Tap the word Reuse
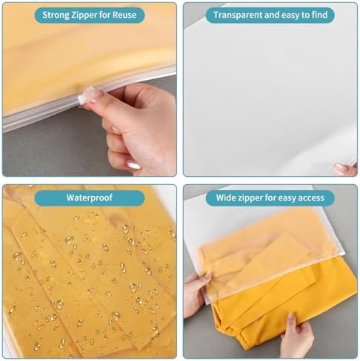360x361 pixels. point(130,15)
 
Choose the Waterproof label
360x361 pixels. point(90,198)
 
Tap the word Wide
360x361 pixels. point(227,198)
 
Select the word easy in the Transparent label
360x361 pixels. point(285,15)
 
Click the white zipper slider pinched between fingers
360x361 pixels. point(91,96)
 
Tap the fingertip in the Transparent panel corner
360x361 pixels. point(342,169)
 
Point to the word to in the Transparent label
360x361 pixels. point(301,15)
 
